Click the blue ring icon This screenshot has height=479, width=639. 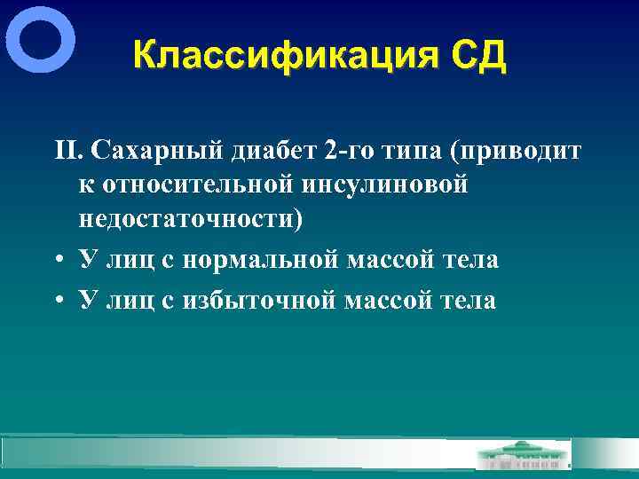[40, 39]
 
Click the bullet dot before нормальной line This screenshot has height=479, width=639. [57, 261]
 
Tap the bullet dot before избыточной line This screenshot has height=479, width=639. [57, 302]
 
